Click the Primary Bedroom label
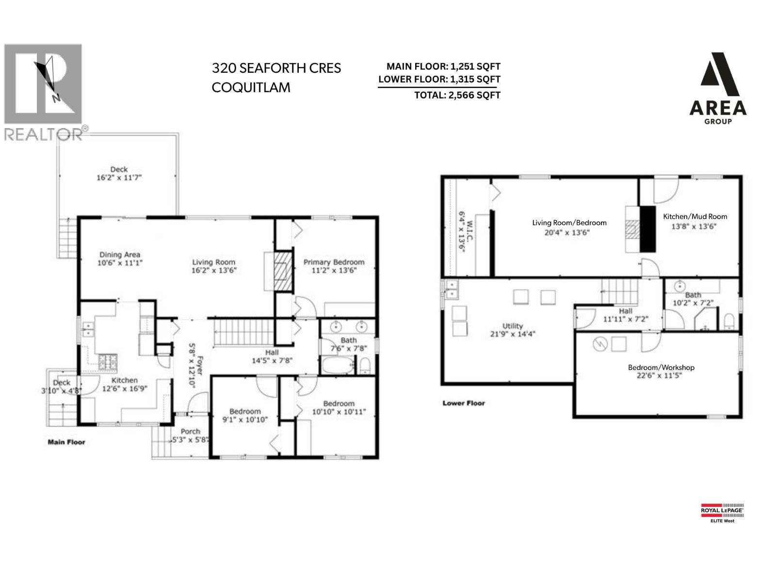click(334, 262)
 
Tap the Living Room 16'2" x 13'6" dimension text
click(213, 271)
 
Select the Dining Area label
click(120, 255)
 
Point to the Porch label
click(190, 431)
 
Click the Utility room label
click(512, 326)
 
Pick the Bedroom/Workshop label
click(661, 367)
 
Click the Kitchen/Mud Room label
click(695, 217)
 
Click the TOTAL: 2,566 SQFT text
click(457, 96)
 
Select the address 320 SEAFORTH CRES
click(276, 68)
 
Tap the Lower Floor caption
click(463, 403)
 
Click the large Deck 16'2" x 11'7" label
click(119, 169)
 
